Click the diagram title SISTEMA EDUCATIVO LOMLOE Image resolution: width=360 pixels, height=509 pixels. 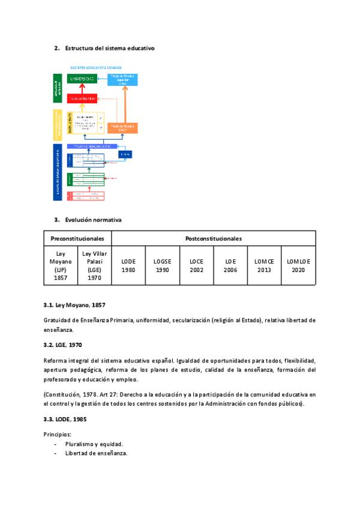click(x=95, y=68)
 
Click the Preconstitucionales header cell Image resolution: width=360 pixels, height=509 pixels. click(x=77, y=238)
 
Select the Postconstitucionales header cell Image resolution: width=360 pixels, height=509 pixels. click(x=214, y=238)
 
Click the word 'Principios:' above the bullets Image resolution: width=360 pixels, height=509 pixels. click(x=58, y=433)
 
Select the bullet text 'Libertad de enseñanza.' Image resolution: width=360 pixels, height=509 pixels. click(x=97, y=453)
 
